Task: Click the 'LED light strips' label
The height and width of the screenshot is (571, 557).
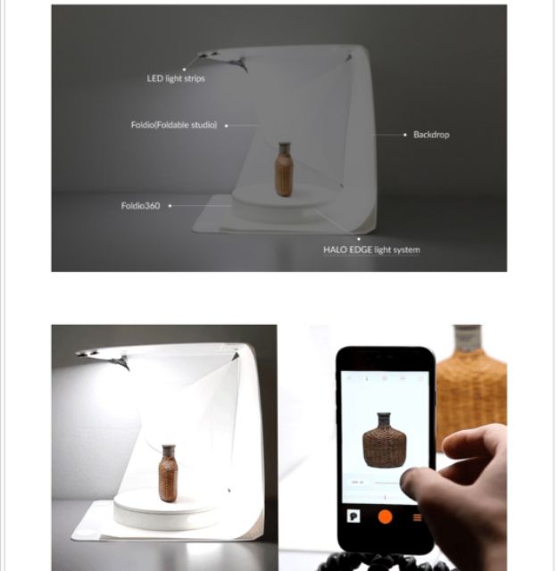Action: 176,79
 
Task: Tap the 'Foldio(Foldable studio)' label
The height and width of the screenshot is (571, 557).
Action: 174,125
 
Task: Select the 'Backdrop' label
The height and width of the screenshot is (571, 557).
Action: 431,135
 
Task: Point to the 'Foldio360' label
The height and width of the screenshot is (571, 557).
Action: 141,206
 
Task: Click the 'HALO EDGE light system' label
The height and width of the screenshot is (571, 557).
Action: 371,250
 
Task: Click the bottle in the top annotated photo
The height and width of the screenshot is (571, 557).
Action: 284,170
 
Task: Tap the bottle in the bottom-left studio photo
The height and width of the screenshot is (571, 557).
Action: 168,473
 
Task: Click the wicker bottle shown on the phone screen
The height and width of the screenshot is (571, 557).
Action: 385,440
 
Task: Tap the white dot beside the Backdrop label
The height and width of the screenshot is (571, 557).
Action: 405,135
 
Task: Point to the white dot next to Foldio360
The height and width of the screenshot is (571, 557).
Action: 170,206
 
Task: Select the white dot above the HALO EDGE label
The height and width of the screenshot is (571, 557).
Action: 359,239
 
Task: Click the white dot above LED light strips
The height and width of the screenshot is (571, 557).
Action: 185,70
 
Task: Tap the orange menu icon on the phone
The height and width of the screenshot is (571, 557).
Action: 418,517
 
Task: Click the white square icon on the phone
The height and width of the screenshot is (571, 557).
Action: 353,516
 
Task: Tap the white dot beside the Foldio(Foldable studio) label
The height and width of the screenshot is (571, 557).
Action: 226,126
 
